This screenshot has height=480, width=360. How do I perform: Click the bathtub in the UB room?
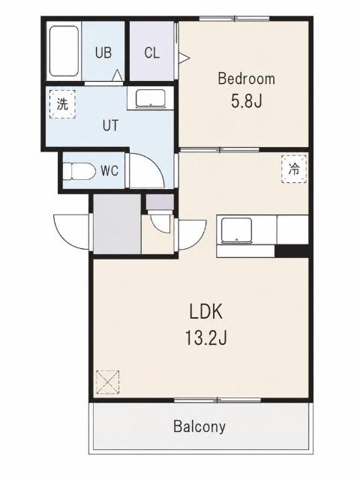pos(64,51)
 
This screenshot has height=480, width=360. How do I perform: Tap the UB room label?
pos(103,52)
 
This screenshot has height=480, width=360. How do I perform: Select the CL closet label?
pos(151,53)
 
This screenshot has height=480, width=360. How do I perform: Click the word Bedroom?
pos(247,79)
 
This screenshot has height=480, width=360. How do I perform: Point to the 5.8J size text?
pos(247,101)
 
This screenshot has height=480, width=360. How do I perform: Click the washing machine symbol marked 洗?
pos(62,104)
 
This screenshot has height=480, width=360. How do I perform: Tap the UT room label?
pos(110,125)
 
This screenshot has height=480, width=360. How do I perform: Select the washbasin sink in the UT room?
pos(151,98)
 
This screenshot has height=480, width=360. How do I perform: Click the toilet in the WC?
pos(79,171)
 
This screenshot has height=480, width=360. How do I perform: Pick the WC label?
pos(109,171)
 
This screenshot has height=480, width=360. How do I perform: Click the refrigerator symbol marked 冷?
pos(294,169)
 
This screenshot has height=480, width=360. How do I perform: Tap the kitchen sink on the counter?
pos(237,230)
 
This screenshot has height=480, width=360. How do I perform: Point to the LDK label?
pos(205,312)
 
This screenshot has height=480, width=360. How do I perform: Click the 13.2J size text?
pos(205,338)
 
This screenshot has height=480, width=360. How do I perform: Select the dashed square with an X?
pos(107,382)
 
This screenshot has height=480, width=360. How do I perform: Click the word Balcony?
pos(199,427)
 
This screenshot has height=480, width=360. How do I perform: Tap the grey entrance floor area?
pos(117,224)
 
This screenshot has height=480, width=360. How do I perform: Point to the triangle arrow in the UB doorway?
pos(118,76)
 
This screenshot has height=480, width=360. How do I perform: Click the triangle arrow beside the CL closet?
pos(184,58)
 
